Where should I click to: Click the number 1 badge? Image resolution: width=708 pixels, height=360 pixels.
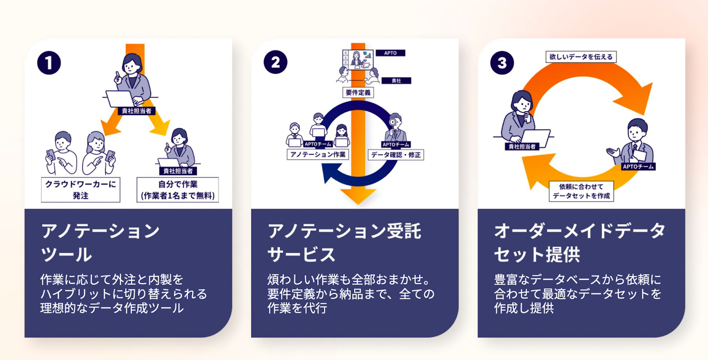tap(49, 63)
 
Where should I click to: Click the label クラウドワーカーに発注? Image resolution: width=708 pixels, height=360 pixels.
tap(80, 190)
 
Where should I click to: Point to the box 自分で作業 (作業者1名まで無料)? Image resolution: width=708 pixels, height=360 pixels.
tap(177, 190)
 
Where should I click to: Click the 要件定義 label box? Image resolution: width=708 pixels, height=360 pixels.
tap(357, 92)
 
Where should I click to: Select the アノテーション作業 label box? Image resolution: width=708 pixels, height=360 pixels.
tap(318, 154)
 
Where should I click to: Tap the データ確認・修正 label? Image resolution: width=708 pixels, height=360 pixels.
tap(396, 154)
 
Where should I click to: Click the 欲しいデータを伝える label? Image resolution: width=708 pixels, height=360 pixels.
tap(581, 57)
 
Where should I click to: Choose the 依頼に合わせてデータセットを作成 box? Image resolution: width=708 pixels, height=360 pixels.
tap(581, 191)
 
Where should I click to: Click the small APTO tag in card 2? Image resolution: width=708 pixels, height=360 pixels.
tap(390, 53)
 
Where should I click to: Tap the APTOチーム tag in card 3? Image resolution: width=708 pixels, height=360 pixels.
tap(638, 167)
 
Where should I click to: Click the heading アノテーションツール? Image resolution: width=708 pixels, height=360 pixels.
tap(100, 242)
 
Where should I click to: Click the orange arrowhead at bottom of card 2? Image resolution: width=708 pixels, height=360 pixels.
tap(358, 196)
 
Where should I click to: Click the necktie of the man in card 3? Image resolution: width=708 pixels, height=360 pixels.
tap(635, 148)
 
